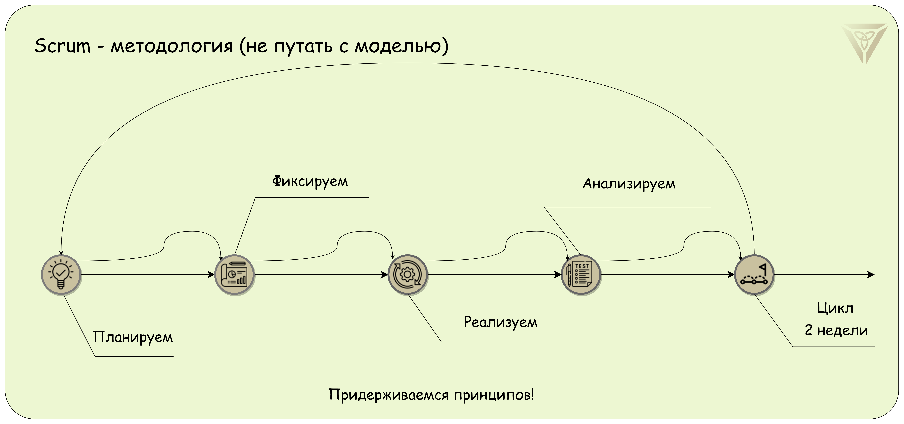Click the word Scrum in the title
click(x=62, y=46)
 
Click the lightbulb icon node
click(x=61, y=274)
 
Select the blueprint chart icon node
click(x=234, y=274)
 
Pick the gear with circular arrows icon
click(x=407, y=274)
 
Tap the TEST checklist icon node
click(x=581, y=274)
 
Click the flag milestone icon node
click(x=754, y=274)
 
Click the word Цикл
click(x=835, y=308)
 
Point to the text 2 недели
click(x=836, y=330)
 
